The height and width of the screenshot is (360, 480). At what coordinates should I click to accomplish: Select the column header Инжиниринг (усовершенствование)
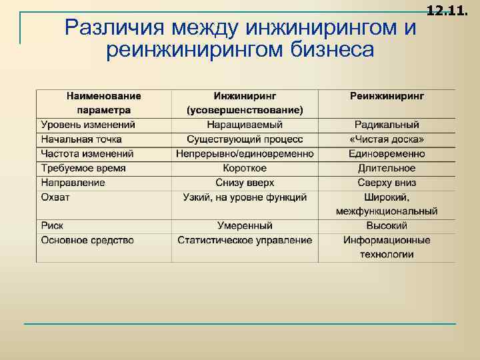point(245,103)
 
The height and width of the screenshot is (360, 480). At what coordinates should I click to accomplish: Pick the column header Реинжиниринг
point(387,96)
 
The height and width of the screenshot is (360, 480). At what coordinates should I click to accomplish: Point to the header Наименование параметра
point(103,103)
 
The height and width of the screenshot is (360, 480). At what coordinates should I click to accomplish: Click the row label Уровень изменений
point(87,125)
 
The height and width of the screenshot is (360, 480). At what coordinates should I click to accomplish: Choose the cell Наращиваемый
point(245,125)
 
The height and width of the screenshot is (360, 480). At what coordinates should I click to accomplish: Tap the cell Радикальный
point(387,125)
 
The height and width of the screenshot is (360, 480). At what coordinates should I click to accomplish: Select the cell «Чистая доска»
point(387,139)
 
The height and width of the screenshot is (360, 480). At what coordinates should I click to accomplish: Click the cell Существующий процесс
point(245,139)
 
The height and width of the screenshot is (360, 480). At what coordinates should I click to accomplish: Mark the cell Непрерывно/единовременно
point(245,153)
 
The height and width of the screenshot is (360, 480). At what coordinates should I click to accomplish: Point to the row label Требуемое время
point(83,168)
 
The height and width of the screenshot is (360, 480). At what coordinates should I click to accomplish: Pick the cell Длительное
point(387,168)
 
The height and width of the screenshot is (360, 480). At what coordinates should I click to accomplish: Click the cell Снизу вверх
point(245,183)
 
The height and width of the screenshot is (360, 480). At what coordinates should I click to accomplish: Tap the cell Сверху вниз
point(387,183)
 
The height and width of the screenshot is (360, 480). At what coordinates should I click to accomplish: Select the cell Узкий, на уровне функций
point(245,197)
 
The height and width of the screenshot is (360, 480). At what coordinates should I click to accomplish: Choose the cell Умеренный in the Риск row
point(245,226)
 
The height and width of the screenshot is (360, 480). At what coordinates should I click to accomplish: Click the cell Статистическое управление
point(245,240)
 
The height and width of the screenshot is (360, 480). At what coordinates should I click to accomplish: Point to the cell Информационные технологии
point(387,247)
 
